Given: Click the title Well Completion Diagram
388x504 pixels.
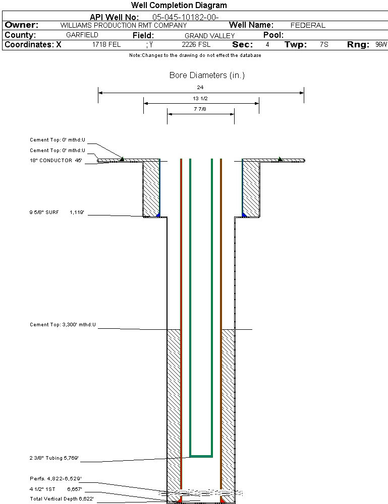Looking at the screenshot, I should pos(179,6).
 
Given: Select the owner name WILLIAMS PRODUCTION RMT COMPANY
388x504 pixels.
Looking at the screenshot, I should pos(123,25).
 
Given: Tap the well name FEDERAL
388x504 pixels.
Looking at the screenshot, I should pos(308,25).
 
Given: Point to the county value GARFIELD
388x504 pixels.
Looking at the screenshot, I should pos(82,35).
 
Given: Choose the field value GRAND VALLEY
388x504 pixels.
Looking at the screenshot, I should pos(209,36).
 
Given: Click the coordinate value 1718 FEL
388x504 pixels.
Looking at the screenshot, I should pos(106,45).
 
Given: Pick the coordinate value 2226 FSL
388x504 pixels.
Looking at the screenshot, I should pos(195,45).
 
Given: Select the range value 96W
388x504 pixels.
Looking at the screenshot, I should pos(381,45).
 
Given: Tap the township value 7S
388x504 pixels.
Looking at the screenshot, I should pos(324,45).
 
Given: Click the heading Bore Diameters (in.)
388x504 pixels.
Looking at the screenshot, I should pos(207,76).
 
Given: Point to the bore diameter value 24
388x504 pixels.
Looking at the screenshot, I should pos(200,87).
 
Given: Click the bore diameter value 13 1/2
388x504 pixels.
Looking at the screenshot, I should pos(200,98).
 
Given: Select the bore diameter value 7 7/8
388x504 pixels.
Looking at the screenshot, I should pos(200,109).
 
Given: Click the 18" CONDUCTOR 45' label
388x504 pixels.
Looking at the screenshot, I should pos(56,161).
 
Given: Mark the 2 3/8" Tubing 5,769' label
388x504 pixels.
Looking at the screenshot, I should pos(53,459).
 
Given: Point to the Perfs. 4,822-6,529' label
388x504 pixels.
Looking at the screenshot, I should pos(56,478).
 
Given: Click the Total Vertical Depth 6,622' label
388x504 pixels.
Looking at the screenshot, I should pos(62,498).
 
